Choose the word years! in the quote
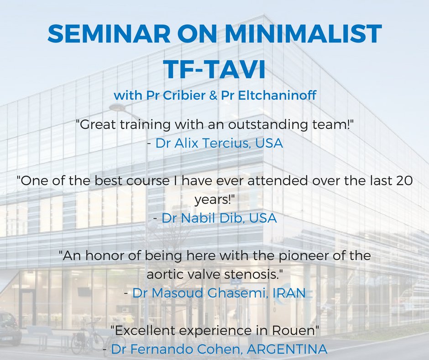pos(214,200)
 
